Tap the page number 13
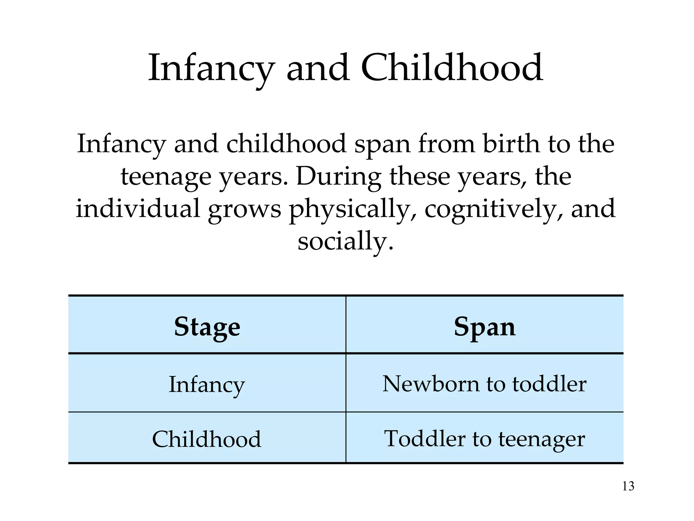pyautogui.click(x=628, y=486)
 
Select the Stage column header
pyautogui.click(x=207, y=327)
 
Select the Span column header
pyautogui.click(x=485, y=327)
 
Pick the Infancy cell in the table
pyautogui.click(x=207, y=384)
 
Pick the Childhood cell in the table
pyautogui.click(x=207, y=439)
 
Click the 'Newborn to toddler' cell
pyautogui.click(x=485, y=384)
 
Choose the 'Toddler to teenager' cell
pyautogui.click(x=485, y=439)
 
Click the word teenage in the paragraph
pyautogui.click(x=166, y=176)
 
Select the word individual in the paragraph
pyautogui.click(x=138, y=208)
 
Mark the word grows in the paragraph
pyautogui.click(x=244, y=209)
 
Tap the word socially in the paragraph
pyautogui.click(x=346, y=241)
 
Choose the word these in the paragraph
pyautogui.click(x=420, y=176)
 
